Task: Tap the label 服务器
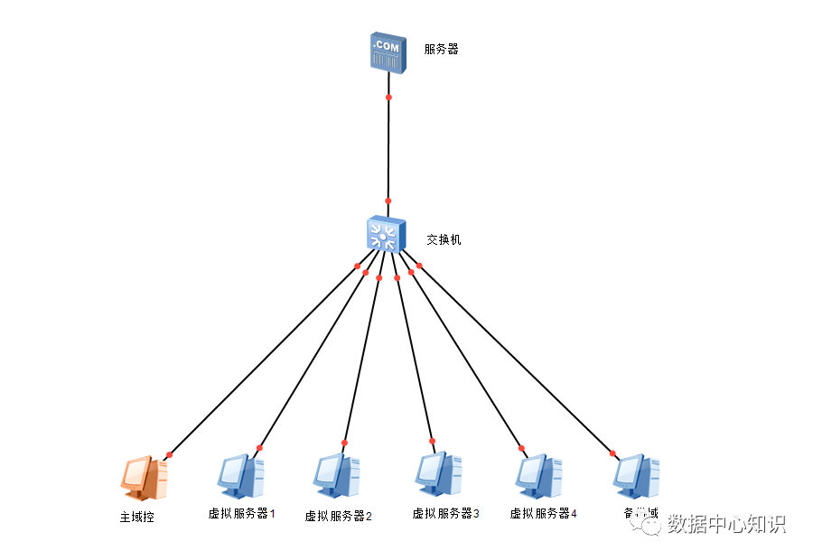[x=442, y=49]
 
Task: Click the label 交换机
[x=444, y=239]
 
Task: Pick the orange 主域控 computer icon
[x=144, y=478]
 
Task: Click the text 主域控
[x=137, y=518]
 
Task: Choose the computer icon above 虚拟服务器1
[x=240, y=476]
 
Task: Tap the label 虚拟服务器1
[x=241, y=514]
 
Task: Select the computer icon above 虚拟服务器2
[x=337, y=476]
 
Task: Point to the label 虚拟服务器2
[x=338, y=517]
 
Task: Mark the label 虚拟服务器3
[x=445, y=514]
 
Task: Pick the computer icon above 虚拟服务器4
[x=539, y=476]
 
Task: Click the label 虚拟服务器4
[x=543, y=514]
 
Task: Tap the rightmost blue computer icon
[x=636, y=476]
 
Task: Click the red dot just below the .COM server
[x=388, y=97]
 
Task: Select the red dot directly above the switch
[x=388, y=201]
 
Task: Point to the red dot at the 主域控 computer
[x=169, y=454]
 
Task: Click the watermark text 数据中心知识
[x=727, y=524]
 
